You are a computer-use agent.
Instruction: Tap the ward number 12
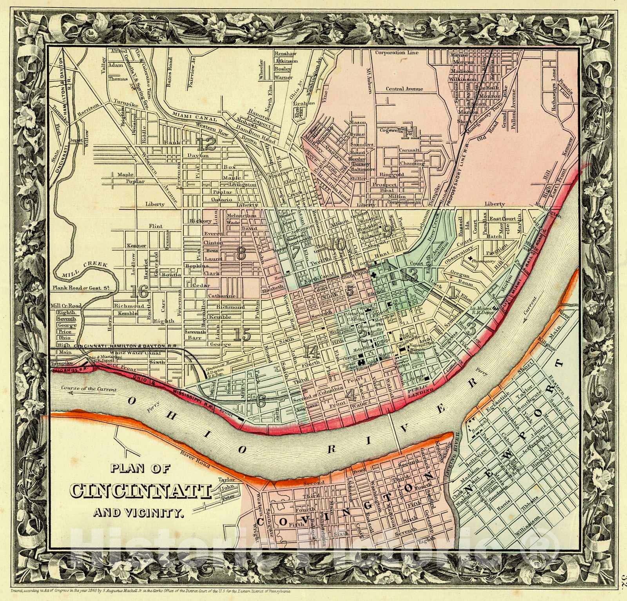coord(207,144)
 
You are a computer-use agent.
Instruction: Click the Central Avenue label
coord(404,89)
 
